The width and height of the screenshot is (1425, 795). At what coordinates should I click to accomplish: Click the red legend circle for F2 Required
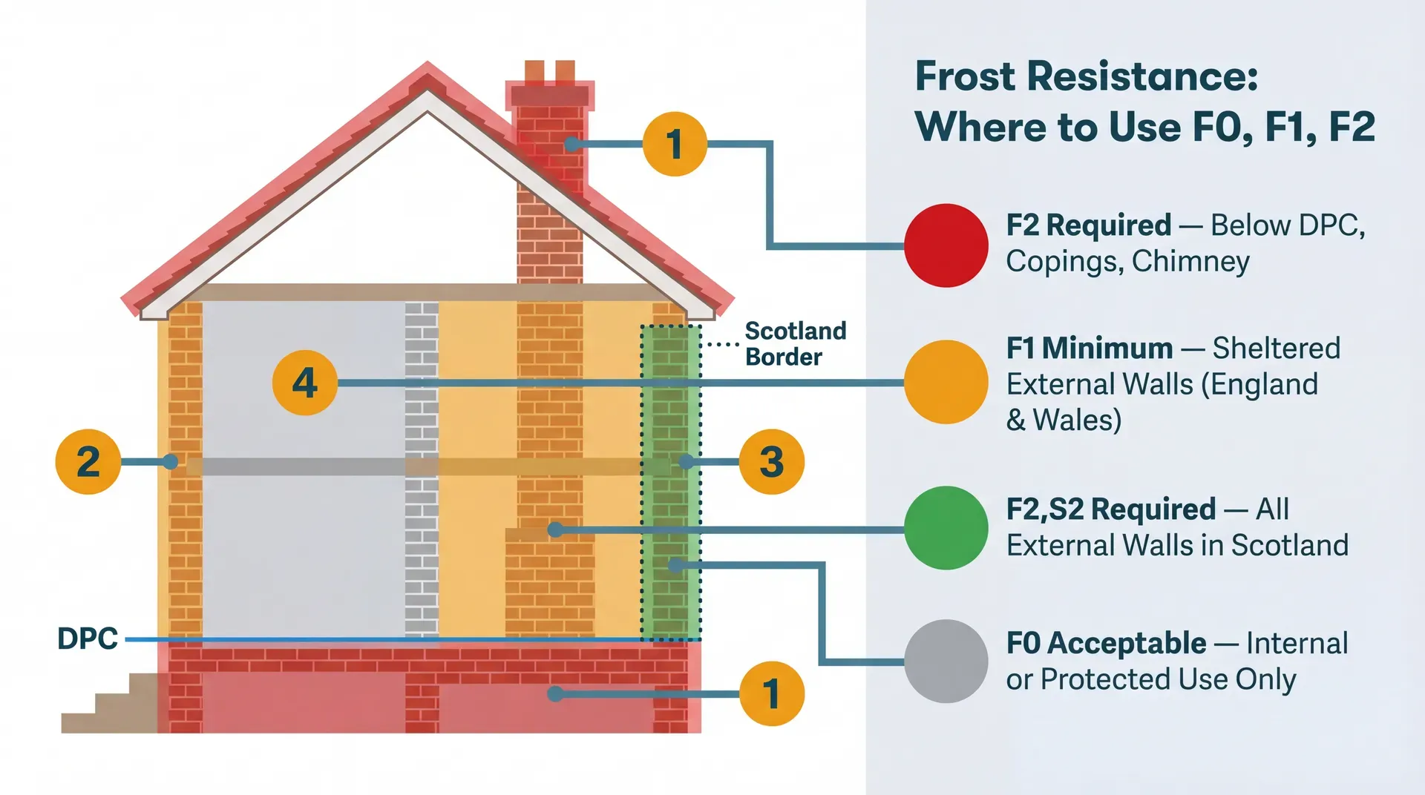pyautogui.click(x=946, y=245)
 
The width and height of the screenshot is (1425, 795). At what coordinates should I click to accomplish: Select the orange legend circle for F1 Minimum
pyautogui.click(x=946, y=382)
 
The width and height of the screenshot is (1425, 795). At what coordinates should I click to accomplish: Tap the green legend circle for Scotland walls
pyautogui.click(x=946, y=527)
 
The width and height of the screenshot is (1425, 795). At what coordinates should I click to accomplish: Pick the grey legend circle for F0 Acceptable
pyautogui.click(x=946, y=661)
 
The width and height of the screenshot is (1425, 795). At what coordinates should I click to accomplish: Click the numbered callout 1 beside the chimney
pyautogui.click(x=674, y=144)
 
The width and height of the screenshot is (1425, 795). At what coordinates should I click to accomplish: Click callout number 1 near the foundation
pyautogui.click(x=771, y=693)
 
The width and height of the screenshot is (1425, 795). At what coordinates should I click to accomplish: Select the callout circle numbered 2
pyautogui.click(x=88, y=461)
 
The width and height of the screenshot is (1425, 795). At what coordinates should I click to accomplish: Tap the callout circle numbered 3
pyautogui.click(x=771, y=461)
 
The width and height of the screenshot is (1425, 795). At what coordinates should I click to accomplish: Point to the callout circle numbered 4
pyautogui.click(x=304, y=383)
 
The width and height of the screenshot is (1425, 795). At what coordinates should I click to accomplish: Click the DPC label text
pyautogui.click(x=88, y=639)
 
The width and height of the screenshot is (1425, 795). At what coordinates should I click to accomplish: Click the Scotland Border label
pyautogui.click(x=794, y=343)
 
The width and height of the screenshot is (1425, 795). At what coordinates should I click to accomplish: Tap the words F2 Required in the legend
pyautogui.click(x=1088, y=225)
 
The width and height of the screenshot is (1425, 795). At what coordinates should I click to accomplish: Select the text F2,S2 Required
pyautogui.click(x=1110, y=509)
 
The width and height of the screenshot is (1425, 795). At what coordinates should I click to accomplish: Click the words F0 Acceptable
pyautogui.click(x=1106, y=643)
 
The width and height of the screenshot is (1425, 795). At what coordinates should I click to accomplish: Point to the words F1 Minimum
pyautogui.click(x=1089, y=348)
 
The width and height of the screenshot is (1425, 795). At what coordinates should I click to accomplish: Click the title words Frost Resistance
pyautogui.click(x=1086, y=76)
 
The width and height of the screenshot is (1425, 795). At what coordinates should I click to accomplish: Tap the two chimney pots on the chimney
pyautogui.click(x=549, y=71)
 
